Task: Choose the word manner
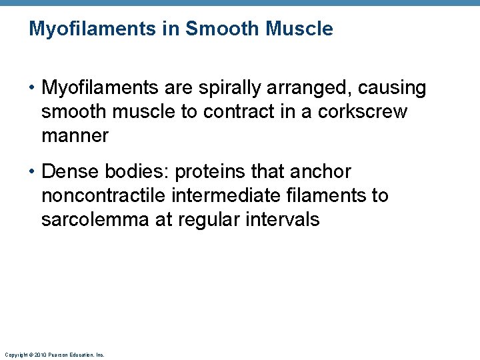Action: [75, 136]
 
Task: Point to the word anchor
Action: [320, 172]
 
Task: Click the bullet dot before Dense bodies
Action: [33, 172]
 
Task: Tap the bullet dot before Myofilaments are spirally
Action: [33, 88]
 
